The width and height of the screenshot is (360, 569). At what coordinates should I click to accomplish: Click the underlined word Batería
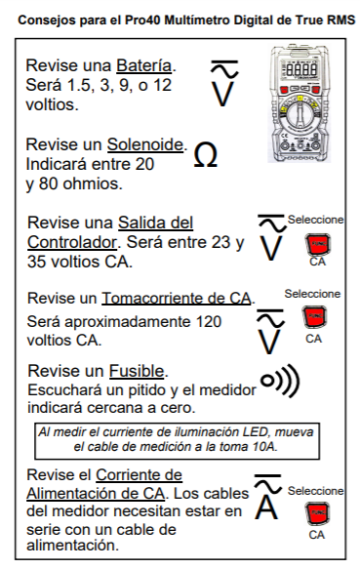143,65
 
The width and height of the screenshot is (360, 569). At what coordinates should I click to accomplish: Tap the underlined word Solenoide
145,144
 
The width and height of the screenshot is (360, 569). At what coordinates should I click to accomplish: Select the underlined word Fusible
137,371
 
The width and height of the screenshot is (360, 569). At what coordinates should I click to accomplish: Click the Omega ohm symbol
206,155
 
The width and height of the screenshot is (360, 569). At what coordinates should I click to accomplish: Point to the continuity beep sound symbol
280,381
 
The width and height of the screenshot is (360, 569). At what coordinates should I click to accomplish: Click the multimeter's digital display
300,69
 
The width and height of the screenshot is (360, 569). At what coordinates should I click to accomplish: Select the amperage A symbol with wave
268,496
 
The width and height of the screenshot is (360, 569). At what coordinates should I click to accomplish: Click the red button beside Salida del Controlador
318,244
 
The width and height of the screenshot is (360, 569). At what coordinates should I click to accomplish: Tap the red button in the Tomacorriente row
314,317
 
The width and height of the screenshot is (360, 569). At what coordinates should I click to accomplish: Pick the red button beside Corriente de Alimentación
317,513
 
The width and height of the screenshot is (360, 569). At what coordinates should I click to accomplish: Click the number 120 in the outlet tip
209,321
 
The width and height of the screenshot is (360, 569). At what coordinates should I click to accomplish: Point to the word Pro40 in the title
143,20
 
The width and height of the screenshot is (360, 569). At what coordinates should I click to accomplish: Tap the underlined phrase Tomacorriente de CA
177,299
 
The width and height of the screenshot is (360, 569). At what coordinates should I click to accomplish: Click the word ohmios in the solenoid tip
91,183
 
